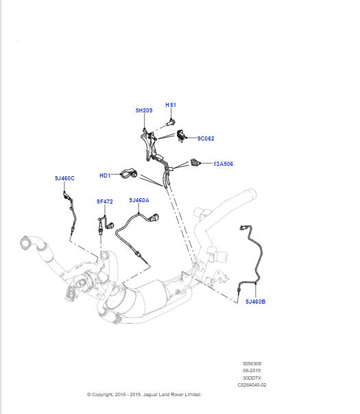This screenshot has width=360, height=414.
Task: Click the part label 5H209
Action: tap(143, 110)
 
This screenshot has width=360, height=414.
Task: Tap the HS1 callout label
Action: tap(171, 105)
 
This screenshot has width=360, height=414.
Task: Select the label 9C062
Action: tap(206, 138)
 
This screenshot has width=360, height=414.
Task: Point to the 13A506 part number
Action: tap(223, 165)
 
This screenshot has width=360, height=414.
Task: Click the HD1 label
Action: tap(105, 175)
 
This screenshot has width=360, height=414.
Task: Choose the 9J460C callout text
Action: tap(64, 178)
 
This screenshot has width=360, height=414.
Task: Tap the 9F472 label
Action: tap(105, 202)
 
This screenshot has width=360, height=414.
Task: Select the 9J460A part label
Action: tap(139, 200)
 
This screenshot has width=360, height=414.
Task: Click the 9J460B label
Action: tap(255, 302)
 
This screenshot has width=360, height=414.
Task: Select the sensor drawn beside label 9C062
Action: tap(182, 136)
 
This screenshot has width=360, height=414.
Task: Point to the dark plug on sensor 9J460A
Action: tap(154, 219)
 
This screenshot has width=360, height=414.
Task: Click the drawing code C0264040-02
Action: tap(252, 385)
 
